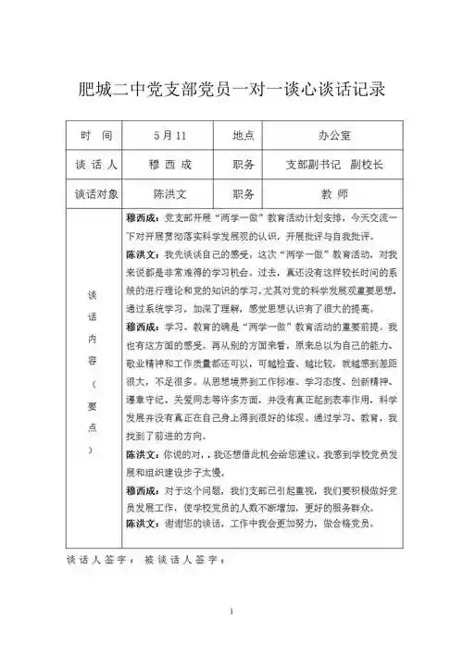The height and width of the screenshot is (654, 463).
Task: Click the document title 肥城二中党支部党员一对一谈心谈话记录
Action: [231, 90]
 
